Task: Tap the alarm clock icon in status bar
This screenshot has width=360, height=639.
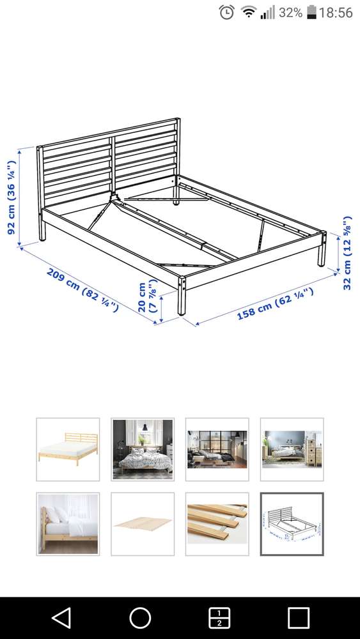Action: coord(227,12)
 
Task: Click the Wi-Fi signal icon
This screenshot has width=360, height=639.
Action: coord(247,12)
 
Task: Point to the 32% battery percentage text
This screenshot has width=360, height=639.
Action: coord(291,12)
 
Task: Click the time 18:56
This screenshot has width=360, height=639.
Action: coord(336,12)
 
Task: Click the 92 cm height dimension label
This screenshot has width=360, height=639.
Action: coord(12,197)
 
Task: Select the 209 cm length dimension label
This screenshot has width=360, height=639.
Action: coord(82,289)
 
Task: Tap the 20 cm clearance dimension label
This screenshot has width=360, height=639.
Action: coord(147,295)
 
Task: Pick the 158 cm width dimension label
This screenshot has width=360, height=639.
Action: coord(276,304)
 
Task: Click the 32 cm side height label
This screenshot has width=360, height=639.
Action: coord(347,253)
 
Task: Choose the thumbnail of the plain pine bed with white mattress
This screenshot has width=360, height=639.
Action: coord(68,449)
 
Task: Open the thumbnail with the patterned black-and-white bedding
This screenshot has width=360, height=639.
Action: coord(143,449)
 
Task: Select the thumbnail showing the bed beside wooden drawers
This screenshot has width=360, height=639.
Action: coord(292,449)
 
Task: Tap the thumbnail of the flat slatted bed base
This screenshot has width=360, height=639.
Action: coord(143,524)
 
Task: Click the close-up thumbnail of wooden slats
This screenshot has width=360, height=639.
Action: coord(217,524)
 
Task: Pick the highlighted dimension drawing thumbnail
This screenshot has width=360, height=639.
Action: coord(292,524)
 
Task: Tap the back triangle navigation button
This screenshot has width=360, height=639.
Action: coord(61,618)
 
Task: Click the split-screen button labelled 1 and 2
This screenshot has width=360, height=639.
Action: coord(219,618)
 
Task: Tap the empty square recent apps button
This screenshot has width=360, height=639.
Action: coord(299,618)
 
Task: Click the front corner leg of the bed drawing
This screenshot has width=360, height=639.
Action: coord(182,295)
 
